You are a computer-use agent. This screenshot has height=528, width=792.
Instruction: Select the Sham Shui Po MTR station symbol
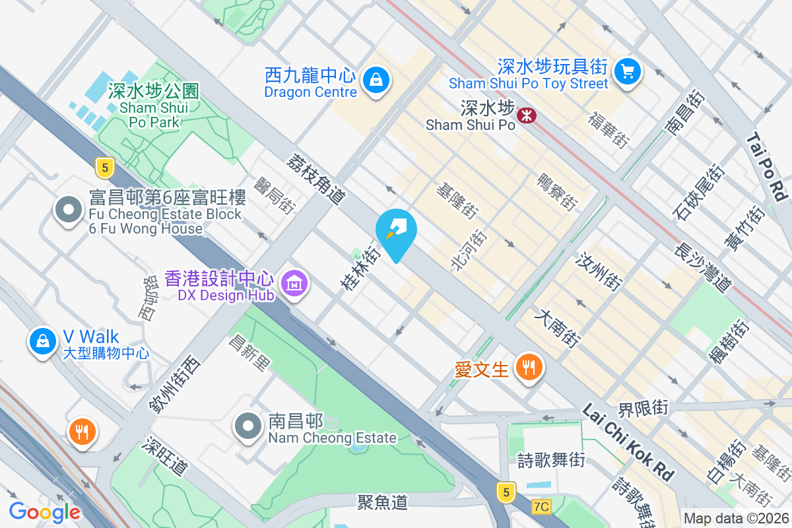pos(527,115)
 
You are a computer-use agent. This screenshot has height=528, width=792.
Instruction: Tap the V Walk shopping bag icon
pos(42,341)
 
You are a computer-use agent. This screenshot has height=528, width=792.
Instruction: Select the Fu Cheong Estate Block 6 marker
pos(67,211)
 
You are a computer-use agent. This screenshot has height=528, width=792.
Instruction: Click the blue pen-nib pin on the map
pos(396,233)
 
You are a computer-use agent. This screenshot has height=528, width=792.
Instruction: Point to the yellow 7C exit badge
pos(541,507)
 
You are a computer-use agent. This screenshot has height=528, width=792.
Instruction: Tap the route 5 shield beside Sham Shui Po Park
pos(104,167)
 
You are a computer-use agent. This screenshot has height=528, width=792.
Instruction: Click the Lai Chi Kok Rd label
pos(628,442)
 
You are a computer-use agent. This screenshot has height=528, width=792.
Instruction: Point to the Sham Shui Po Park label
pos(154,106)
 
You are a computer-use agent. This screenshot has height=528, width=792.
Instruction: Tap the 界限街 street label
pos(643,408)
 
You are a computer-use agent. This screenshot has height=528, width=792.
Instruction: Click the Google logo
pos(44,511)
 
